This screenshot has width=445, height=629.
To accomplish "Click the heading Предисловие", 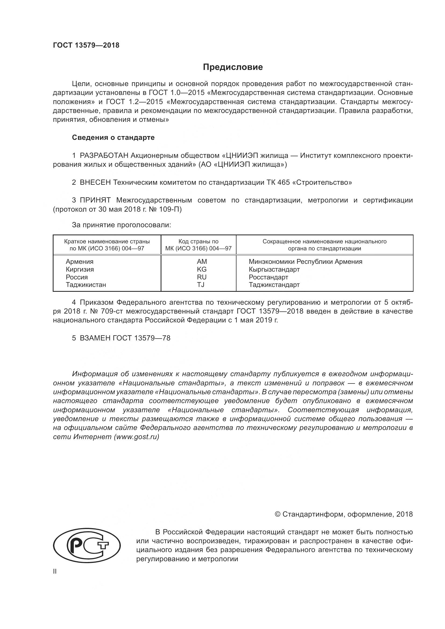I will click(233, 67).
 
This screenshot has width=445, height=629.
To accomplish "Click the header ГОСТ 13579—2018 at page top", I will click(86, 45).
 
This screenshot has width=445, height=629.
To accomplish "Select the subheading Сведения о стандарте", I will click(113, 137).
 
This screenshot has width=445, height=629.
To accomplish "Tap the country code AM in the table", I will click(202, 262).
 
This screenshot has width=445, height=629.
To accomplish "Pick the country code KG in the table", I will click(202, 269).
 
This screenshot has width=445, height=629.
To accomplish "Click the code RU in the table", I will click(202, 277).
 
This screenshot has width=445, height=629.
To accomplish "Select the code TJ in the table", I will click(201, 285).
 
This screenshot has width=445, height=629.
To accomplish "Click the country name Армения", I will click(79, 262).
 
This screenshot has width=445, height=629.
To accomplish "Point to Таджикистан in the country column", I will click(86, 285).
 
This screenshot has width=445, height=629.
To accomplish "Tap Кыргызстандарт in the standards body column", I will click(274, 269).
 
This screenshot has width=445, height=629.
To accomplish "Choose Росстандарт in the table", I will click(268, 277).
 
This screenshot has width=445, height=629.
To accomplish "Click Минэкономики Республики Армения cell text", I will click(305, 262).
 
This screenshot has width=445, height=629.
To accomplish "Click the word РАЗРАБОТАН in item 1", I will click(104, 156).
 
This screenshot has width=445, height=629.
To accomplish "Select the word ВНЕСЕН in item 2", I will click(95, 182).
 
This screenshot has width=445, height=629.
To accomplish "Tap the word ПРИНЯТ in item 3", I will click(95, 200).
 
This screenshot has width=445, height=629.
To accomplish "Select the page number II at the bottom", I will click(55, 572).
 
